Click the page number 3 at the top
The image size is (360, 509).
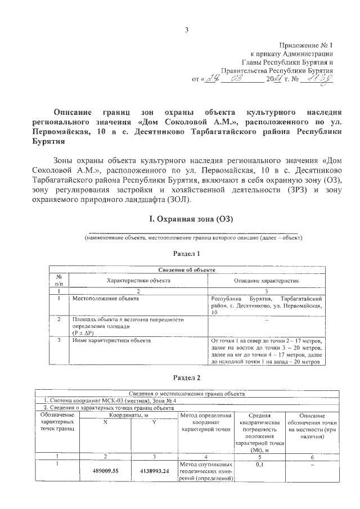[187, 30]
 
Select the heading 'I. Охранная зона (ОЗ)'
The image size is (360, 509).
[190, 218]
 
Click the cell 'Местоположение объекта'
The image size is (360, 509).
[105, 299]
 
